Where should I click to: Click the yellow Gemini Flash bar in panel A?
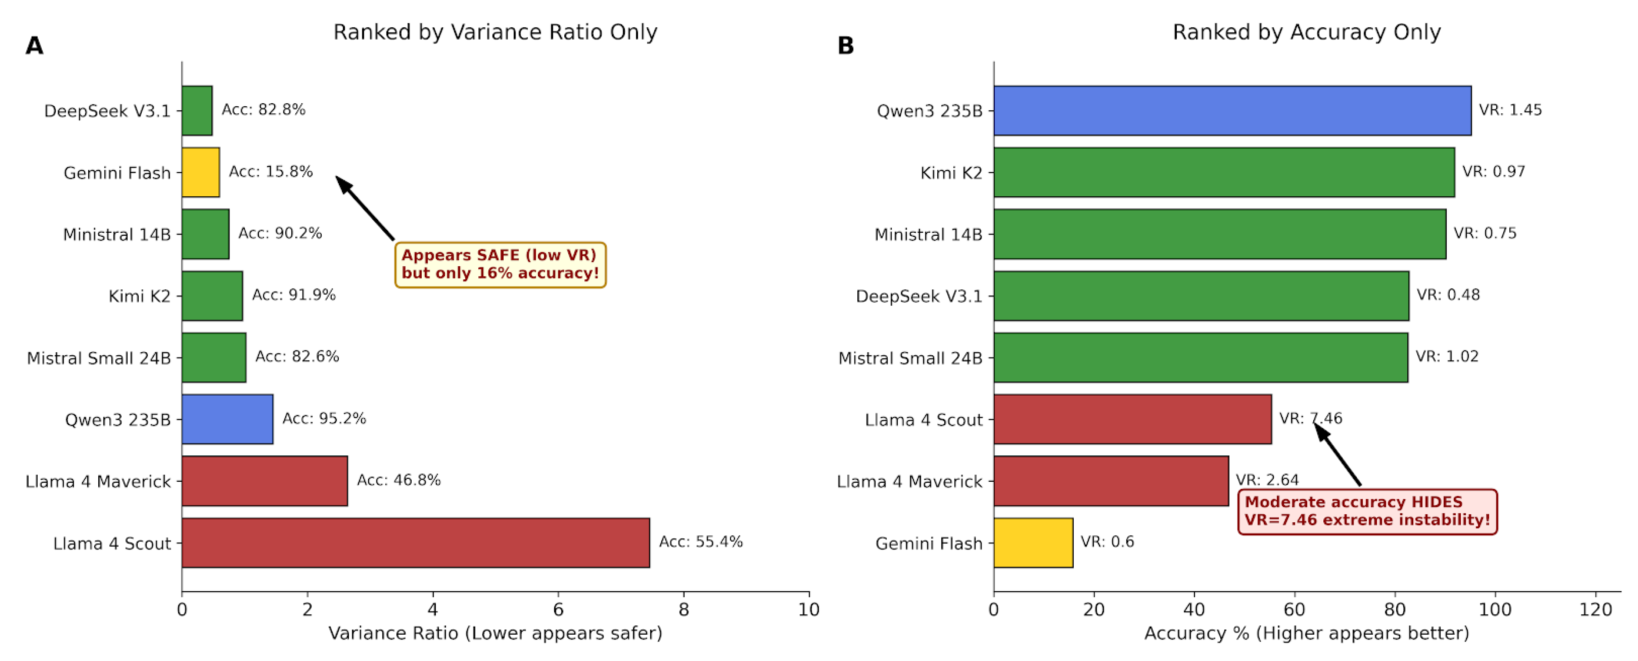coord(200,172)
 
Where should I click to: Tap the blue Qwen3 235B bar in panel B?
coord(1232,111)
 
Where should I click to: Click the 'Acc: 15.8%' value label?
coord(271,172)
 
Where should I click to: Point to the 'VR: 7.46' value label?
coord(1311,418)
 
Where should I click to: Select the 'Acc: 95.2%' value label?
coord(324,419)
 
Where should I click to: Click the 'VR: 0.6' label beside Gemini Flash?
coord(1107,542)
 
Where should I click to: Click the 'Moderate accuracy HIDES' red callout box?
coord(1368,512)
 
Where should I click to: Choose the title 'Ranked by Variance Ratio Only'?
coord(495,32)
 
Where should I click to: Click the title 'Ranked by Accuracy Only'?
coord(1307,32)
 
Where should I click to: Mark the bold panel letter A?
coord(34,46)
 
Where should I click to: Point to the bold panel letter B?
coord(846,46)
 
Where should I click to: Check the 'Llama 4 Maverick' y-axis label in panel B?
coord(909,482)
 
